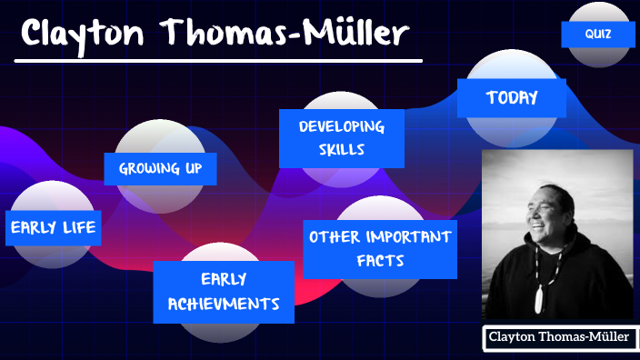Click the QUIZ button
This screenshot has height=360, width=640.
point(597,35)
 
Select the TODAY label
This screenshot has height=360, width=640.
point(512,98)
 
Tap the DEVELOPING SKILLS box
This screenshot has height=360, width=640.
point(340,138)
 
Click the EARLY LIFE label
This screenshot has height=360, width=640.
point(53,227)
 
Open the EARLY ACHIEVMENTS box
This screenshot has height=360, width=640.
point(224,292)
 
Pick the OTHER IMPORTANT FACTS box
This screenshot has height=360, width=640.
point(380,248)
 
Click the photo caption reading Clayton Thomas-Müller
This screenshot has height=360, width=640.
point(558,337)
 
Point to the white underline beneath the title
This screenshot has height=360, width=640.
point(218,61)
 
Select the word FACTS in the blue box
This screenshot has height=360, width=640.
point(380,261)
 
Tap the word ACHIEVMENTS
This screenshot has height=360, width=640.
point(224,304)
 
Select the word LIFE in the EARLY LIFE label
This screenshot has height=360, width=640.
point(77,227)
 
